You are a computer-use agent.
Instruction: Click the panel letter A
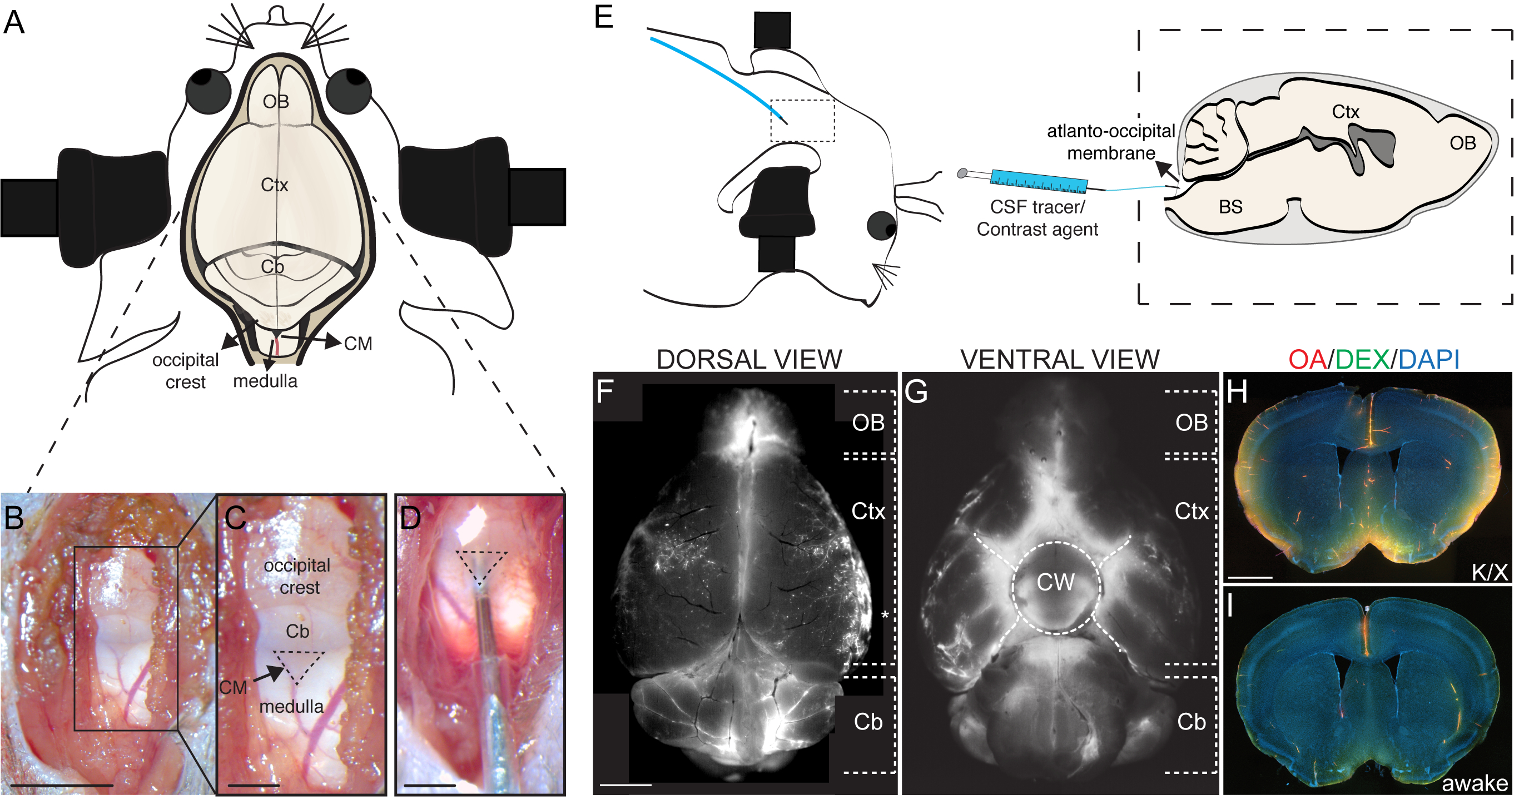tap(14, 23)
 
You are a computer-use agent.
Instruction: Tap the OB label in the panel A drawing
tap(276, 102)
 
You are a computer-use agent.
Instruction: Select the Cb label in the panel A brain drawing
tap(272, 267)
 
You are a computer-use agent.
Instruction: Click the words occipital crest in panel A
tap(185, 371)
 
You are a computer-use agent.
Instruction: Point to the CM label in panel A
tap(358, 344)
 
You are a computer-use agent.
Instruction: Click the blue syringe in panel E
tap(1039, 181)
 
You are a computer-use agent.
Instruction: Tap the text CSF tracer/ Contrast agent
tap(1037, 218)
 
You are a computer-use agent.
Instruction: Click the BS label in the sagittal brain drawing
tap(1230, 207)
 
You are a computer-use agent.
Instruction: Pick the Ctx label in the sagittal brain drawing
tap(1346, 112)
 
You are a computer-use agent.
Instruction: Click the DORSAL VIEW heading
tap(749, 359)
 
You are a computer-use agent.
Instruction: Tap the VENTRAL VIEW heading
tap(1060, 359)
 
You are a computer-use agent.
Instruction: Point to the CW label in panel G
tap(1055, 583)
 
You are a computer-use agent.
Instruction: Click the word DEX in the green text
tap(1362, 359)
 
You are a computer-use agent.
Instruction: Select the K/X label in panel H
tap(1490, 572)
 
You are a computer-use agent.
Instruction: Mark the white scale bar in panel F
tap(626, 785)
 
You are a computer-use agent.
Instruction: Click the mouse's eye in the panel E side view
tap(881, 226)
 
